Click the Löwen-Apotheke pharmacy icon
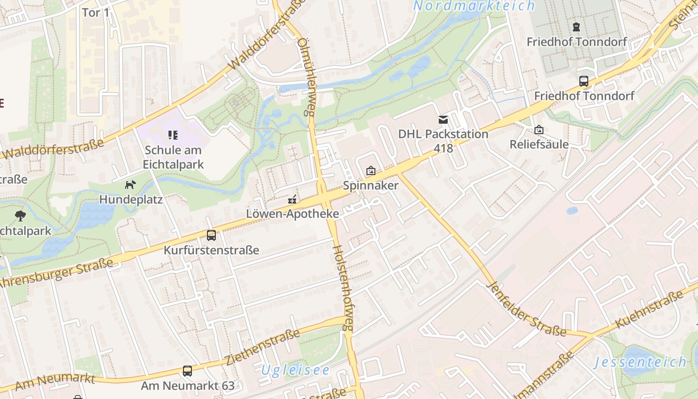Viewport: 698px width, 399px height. click(293, 199)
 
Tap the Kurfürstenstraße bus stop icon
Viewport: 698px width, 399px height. click(211, 235)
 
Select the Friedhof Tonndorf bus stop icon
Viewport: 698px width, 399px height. click(583, 81)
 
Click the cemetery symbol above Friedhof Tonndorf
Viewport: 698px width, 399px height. click(576, 27)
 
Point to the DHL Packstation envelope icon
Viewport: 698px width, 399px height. click(443, 120)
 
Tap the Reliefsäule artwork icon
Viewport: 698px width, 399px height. click(539, 130)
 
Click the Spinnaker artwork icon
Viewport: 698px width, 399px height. click(370, 171)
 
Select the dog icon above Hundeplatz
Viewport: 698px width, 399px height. click(130, 185)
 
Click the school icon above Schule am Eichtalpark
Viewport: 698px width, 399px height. click(173, 135)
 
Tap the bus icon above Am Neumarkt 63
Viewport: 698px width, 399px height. click(187, 371)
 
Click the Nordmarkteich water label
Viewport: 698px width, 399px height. click(474, 6)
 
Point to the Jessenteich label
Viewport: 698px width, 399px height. click(640, 362)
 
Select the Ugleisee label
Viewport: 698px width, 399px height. click(295, 370)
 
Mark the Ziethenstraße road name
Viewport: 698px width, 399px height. click(263, 346)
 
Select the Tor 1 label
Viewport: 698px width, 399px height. click(95, 12)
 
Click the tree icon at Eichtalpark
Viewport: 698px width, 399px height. click(20, 216)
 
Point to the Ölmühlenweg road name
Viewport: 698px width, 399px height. click(305, 78)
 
